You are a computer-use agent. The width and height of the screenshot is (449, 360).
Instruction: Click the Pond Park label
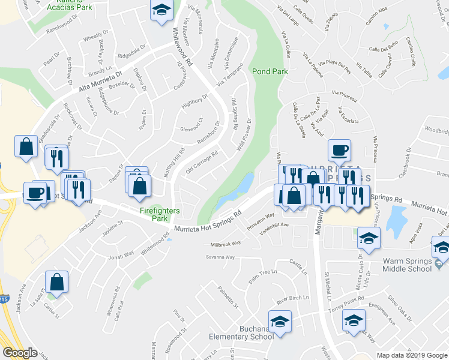[x=270, y=71]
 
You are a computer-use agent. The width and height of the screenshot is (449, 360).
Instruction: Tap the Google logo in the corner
[x=20, y=352]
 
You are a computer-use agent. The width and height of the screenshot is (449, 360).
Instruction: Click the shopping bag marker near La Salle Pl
[x=56, y=282]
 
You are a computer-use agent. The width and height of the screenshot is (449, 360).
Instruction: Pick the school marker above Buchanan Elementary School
[x=280, y=322]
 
